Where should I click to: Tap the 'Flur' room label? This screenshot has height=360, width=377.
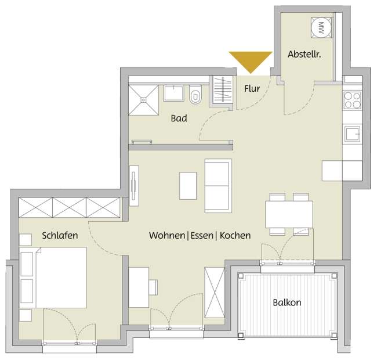tap(252, 89)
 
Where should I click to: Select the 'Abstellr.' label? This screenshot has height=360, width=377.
tap(304, 55)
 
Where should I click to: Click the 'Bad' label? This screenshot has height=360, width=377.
tap(179, 118)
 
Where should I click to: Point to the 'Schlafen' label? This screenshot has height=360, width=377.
tap(60, 236)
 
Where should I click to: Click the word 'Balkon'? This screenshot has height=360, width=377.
tap(287, 303)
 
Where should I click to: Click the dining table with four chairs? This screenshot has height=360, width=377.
tap(288, 214)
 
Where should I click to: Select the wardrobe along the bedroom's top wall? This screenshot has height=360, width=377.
tap(70, 207)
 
